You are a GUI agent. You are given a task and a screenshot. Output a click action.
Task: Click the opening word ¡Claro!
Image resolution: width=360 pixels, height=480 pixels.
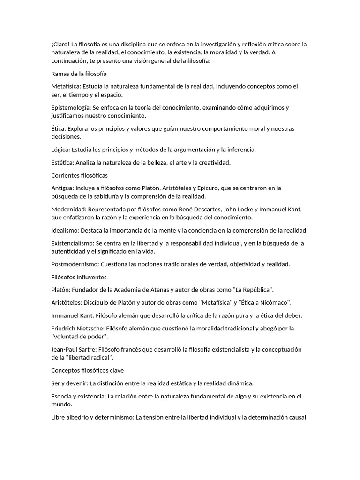point(60,44)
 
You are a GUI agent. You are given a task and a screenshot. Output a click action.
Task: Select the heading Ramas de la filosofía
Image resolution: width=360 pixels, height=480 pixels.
point(79,74)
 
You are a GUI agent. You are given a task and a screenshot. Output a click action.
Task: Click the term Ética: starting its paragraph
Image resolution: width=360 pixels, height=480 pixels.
point(60,128)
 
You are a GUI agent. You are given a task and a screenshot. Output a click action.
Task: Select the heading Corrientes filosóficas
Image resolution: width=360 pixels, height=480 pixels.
point(80,175)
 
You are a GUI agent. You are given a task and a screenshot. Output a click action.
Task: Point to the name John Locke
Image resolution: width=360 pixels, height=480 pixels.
point(243,209)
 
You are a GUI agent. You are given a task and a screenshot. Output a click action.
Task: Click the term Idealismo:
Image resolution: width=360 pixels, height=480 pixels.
point(66,230)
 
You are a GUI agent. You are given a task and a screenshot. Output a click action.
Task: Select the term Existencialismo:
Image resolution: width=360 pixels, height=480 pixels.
point(73,243)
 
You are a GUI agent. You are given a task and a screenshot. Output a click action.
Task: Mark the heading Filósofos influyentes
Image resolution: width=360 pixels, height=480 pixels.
point(79,277)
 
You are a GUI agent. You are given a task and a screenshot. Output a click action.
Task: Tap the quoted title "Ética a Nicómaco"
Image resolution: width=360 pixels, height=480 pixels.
point(262,302)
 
